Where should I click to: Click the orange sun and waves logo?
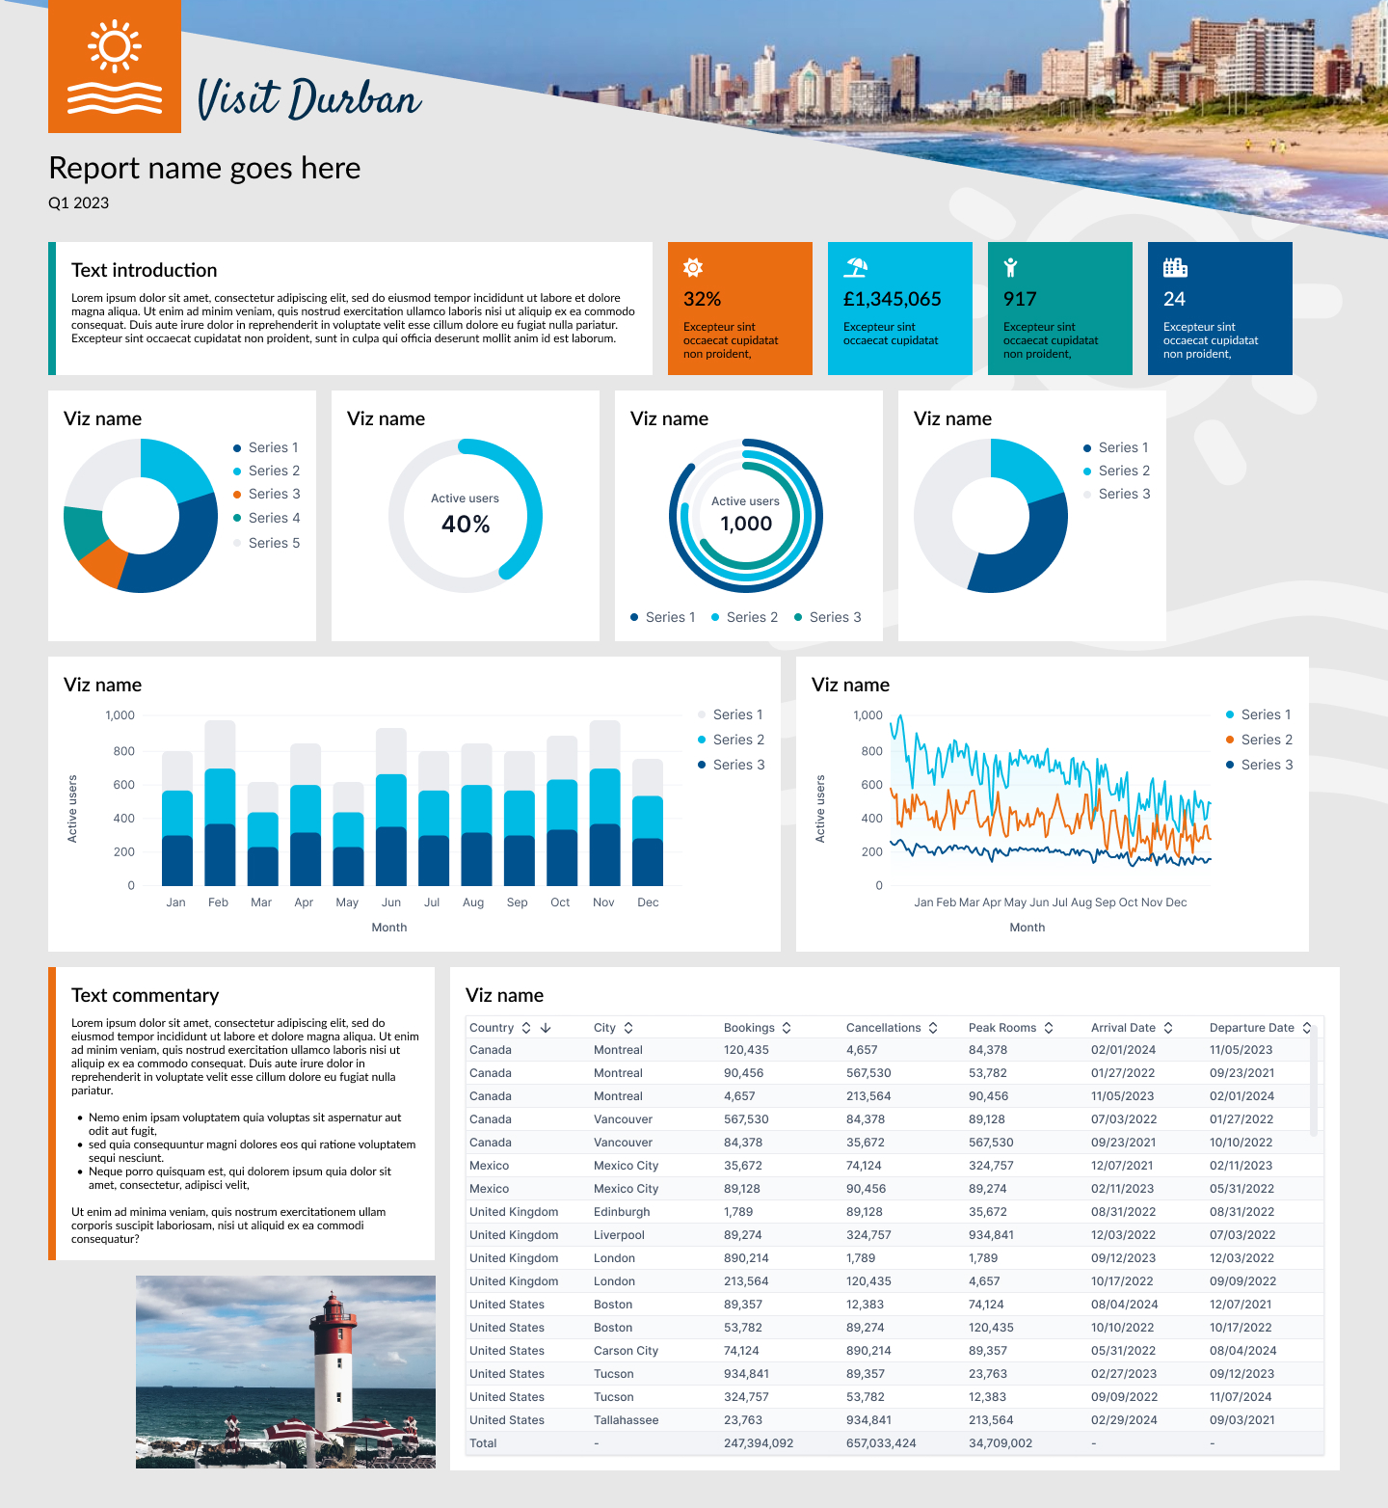point(115,67)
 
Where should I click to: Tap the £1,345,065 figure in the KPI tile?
point(892,299)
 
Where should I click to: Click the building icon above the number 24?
point(1174,267)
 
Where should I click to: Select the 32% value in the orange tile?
point(702,299)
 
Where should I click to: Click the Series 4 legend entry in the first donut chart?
point(274,518)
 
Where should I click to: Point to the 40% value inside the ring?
point(466,524)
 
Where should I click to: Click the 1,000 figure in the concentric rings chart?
point(746,524)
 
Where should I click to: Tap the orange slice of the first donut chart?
point(101,565)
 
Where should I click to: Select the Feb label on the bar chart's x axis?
point(218,902)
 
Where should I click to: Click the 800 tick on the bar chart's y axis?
point(123,751)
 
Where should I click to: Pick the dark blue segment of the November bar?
point(604,854)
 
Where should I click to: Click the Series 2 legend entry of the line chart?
point(1267,740)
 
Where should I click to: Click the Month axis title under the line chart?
point(1027,928)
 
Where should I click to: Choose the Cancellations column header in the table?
point(883,1028)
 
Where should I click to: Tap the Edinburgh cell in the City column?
point(622,1212)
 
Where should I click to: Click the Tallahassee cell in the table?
point(627,1420)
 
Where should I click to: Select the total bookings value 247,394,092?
point(759,1443)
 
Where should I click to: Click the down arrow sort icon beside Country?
point(546,1028)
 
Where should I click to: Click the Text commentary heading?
point(145,995)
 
